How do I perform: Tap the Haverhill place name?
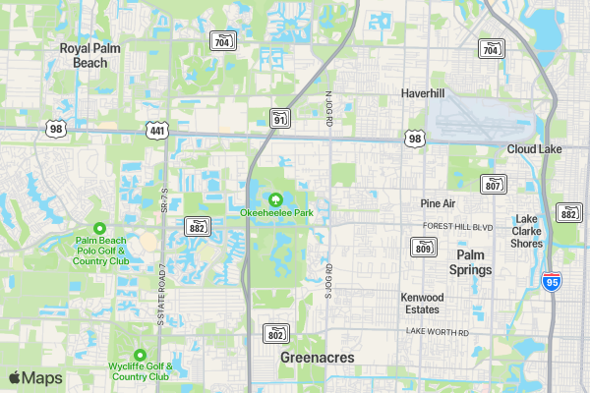click(x=423, y=93)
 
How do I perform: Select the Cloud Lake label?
click(x=534, y=148)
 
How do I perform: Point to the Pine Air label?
click(x=438, y=203)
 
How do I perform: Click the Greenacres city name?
click(x=317, y=358)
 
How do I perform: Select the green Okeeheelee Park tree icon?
click(x=276, y=199)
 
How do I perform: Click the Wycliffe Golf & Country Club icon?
click(x=140, y=355)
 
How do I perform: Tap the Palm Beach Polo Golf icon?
click(x=99, y=228)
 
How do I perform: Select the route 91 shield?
click(x=280, y=119)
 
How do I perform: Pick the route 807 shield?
click(x=494, y=184)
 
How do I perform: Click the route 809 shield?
click(x=423, y=247)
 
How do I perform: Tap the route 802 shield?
click(x=276, y=333)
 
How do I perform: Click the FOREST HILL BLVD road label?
click(x=457, y=226)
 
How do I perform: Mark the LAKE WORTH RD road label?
click(x=438, y=332)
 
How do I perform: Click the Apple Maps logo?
click(x=35, y=377)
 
